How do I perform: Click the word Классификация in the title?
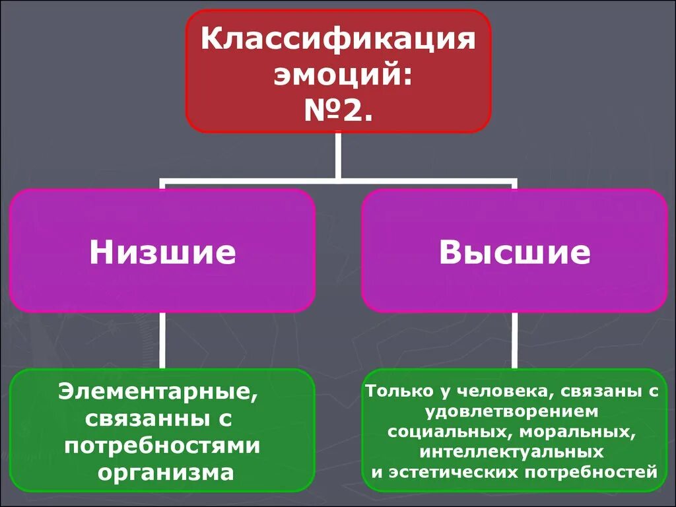point(338,40)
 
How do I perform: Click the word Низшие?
point(162,252)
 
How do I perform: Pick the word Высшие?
point(515,252)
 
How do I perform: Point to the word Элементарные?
point(157,392)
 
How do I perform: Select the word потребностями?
point(162,446)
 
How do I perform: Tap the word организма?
point(166,472)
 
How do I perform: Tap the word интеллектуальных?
point(512,452)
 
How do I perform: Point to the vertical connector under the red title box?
point(338,155)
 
